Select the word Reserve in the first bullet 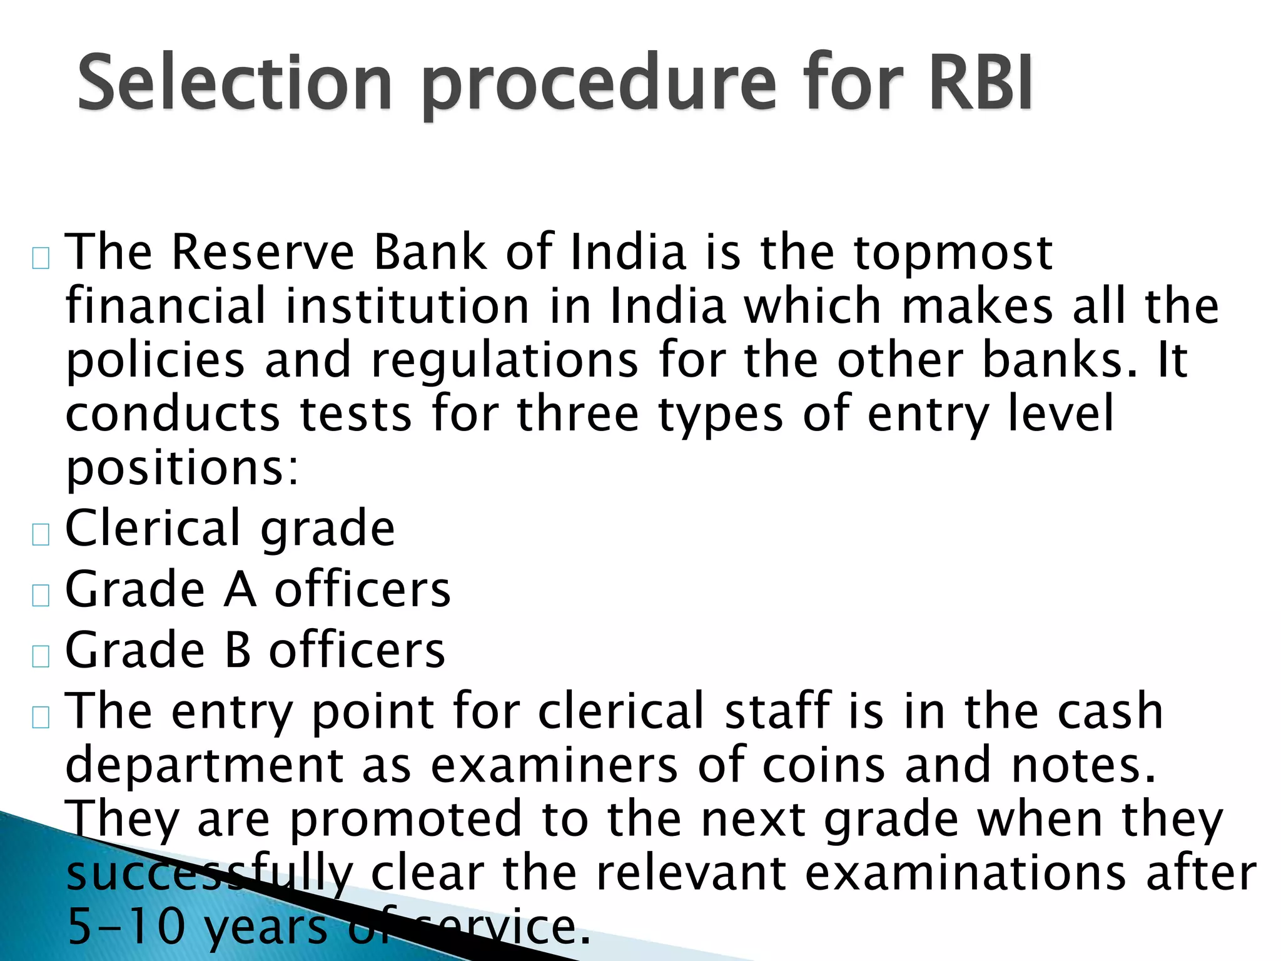coord(262,252)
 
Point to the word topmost coord(953,253)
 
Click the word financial coord(166,306)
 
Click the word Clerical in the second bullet coord(152,529)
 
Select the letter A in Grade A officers coord(240,590)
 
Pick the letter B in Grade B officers coord(237,651)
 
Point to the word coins coord(823,765)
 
